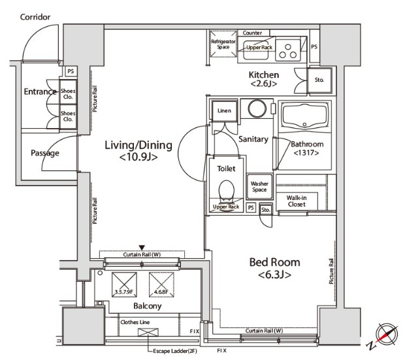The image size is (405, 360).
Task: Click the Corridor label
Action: [x=35, y=17]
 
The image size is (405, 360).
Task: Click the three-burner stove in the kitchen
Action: [x=288, y=50]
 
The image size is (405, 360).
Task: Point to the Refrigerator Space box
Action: [x=223, y=44]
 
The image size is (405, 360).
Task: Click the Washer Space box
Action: [x=259, y=187]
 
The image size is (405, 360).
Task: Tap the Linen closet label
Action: [x=224, y=110]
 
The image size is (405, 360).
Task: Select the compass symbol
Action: [x=383, y=335]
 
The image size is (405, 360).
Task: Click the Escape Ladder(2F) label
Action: [x=175, y=351]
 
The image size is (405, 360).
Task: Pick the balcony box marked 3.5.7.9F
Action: [x=124, y=284]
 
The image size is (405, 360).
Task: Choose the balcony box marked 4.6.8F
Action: [x=161, y=284]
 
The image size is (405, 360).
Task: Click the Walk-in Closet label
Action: [x=297, y=201]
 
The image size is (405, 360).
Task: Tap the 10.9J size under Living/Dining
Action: [x=138, y=157]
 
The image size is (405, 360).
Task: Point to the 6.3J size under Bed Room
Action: [x=274, y=274]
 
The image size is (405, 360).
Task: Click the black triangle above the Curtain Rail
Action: [x=142, y=248]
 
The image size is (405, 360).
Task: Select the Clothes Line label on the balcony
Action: [x=135, y=322]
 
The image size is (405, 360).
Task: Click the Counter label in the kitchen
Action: [x=252, y=33]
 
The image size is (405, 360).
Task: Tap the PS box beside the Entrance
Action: [x=71, y=71]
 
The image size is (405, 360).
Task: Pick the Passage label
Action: [x=45, y=153]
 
